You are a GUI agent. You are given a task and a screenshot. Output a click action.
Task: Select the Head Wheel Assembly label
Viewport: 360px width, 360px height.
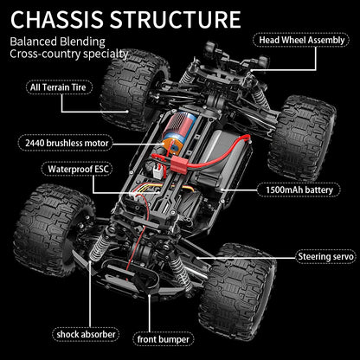pyautogui.click(x=302, y=40)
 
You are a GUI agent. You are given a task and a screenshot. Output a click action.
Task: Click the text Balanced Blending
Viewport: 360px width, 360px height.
pyautogui.click(x=59, y=42)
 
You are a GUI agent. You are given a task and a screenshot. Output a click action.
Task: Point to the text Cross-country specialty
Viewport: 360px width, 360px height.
pyautogui.click(x=69, y=55)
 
